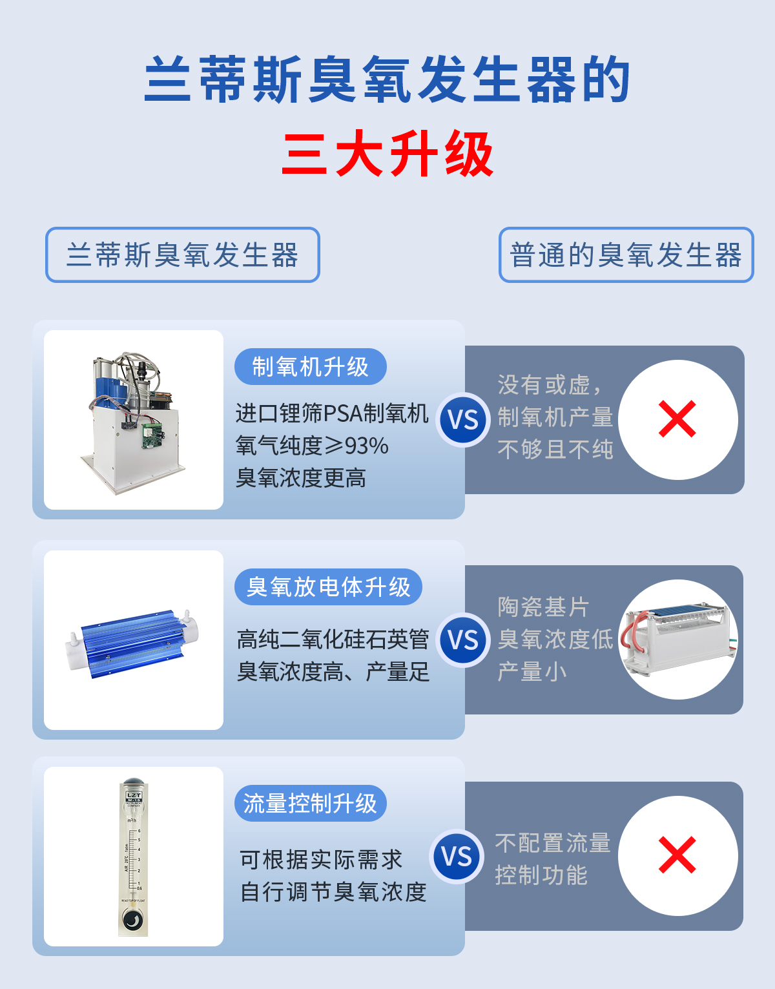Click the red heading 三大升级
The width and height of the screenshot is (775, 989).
click(387, 154)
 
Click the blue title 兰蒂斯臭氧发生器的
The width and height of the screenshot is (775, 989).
click(387, 79)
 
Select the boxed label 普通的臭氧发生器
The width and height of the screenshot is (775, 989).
click(626, 255)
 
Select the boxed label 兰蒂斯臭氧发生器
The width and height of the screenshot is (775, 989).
click(182, 255)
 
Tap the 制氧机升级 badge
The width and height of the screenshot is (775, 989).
click(310, 367)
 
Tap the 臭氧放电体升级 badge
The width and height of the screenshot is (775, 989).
click(328, 587)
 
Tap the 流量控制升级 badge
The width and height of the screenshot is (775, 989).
click(310, 804)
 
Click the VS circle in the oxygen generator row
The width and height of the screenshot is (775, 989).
click(463, 420)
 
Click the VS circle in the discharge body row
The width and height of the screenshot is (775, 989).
click(463, 640)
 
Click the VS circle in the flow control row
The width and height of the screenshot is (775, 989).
click(457, 857)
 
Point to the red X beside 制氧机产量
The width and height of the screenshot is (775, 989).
click(677, 419)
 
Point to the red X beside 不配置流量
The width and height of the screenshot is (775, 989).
click(677, 855)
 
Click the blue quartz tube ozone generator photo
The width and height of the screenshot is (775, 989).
click(133, 643)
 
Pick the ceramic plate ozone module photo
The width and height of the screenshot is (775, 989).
click(678, 640)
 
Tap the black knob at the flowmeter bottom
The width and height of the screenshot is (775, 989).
click(132, 919)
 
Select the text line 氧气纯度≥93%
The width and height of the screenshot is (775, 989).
click(312, 446)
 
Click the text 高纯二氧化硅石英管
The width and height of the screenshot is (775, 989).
click(333, 640)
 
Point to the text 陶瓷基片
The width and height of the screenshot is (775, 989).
click(543, 607)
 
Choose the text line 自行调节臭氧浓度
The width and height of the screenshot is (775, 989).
click(333, 892)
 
